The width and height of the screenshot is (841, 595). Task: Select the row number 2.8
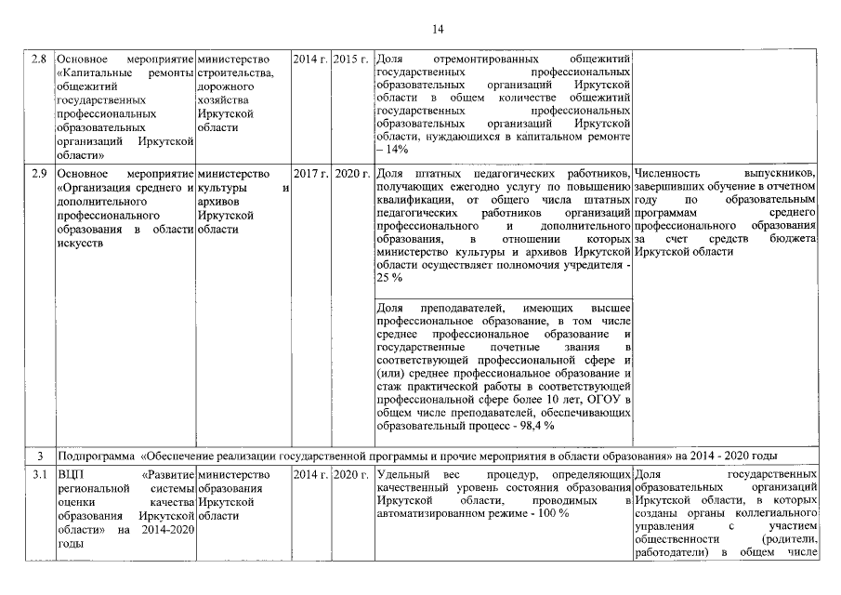coord(39,60)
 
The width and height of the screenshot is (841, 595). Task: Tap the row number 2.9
coord(39,174)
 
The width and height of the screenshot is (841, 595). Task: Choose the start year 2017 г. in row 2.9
coord(310,174)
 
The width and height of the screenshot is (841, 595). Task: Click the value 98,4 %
coord(536,426)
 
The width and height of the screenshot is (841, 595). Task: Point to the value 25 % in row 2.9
coord(389,278)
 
